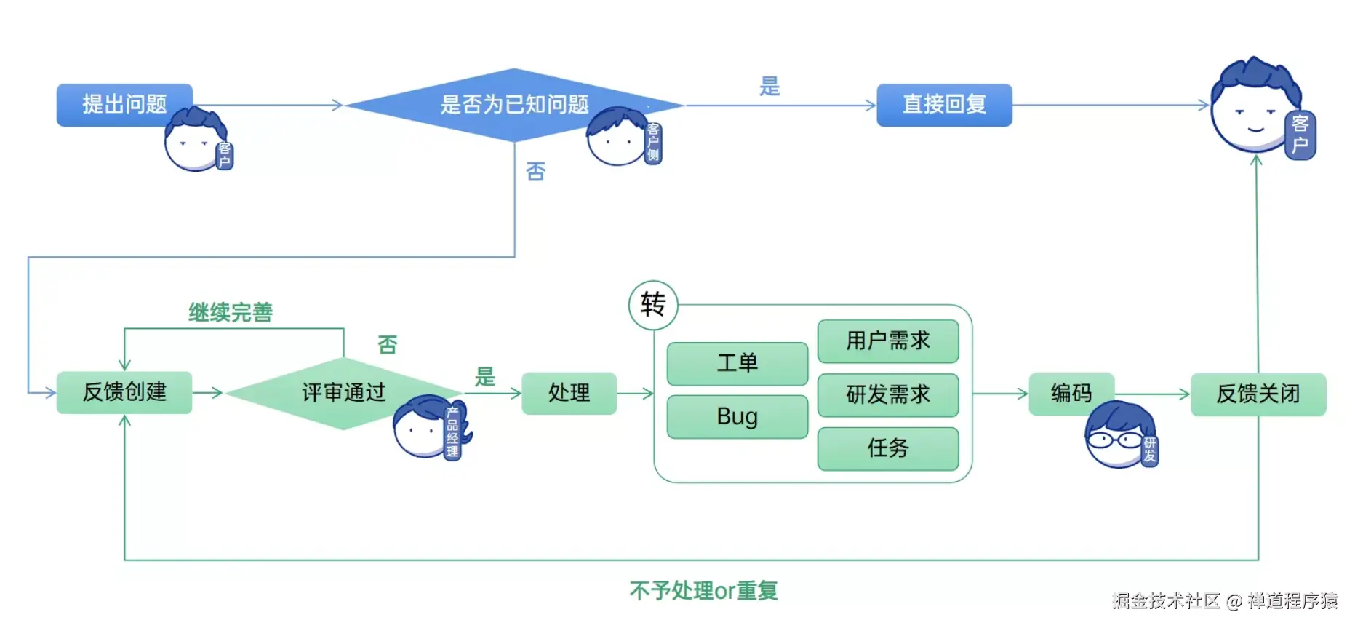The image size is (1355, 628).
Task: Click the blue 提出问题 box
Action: [x=124, y=105]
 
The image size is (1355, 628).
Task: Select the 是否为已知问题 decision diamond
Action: [x=514, y=105]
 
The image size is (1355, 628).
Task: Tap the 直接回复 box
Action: [x=944, y=105]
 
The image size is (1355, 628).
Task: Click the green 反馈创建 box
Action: [x=124, y=392]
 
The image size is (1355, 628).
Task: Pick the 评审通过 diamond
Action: [x=343, y=393]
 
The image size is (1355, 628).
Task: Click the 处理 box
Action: [x=569, y=393]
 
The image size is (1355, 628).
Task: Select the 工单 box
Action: [x=737, y=363]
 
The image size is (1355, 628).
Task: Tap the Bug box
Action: [x=737, y=416]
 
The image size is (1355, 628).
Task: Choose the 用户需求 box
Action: [x=887, y=341]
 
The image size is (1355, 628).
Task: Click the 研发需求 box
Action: [x=887, y=394]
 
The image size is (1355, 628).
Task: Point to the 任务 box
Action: [x=887, y=448]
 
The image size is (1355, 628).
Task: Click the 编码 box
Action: [x=1071, y=393]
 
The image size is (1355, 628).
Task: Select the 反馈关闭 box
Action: [x=1258, y=394]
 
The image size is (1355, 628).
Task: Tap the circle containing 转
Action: [x=653, y=305]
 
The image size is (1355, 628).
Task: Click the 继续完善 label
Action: [x=231, y=313]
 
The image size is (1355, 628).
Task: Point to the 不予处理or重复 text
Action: [x=703, y=590]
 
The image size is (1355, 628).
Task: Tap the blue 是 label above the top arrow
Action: [x=770, y=87]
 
